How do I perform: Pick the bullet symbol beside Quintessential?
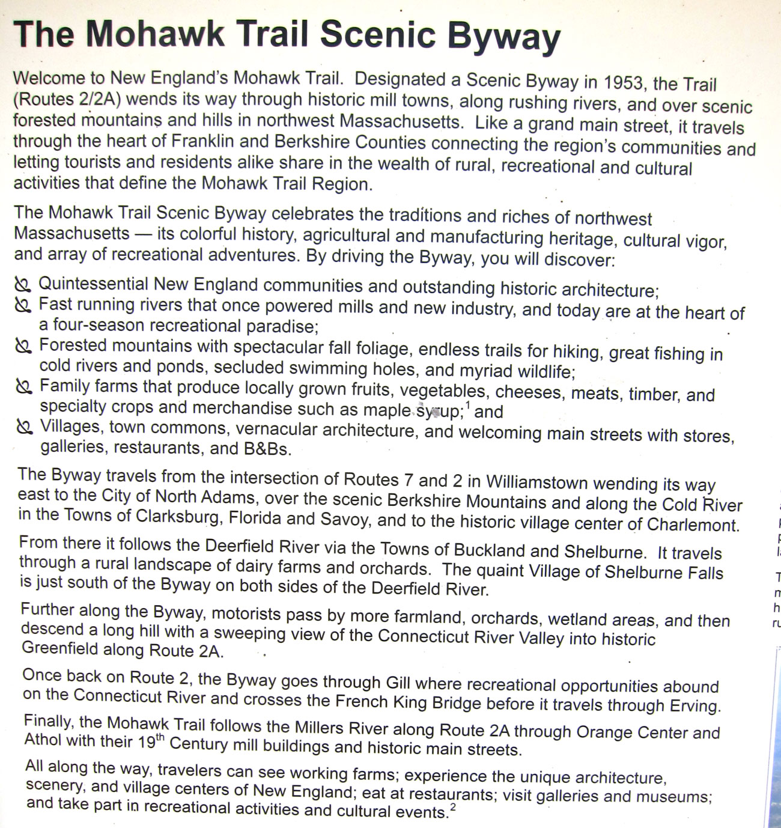[x=22, y=285]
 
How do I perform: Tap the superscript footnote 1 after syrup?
[x=468, y=406]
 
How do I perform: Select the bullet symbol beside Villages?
[x=23, y=427]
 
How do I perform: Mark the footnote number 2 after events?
[x=452, y=808]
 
